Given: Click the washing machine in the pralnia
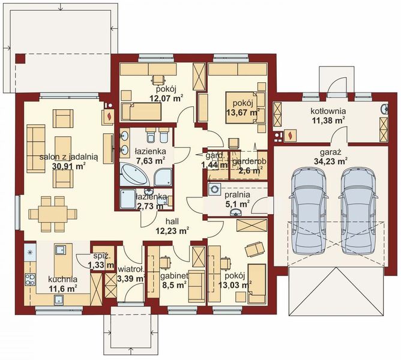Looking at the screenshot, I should pos(214,190).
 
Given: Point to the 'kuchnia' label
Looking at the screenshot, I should pos(64,279).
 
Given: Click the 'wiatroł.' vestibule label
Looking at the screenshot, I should pos(132,269).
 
